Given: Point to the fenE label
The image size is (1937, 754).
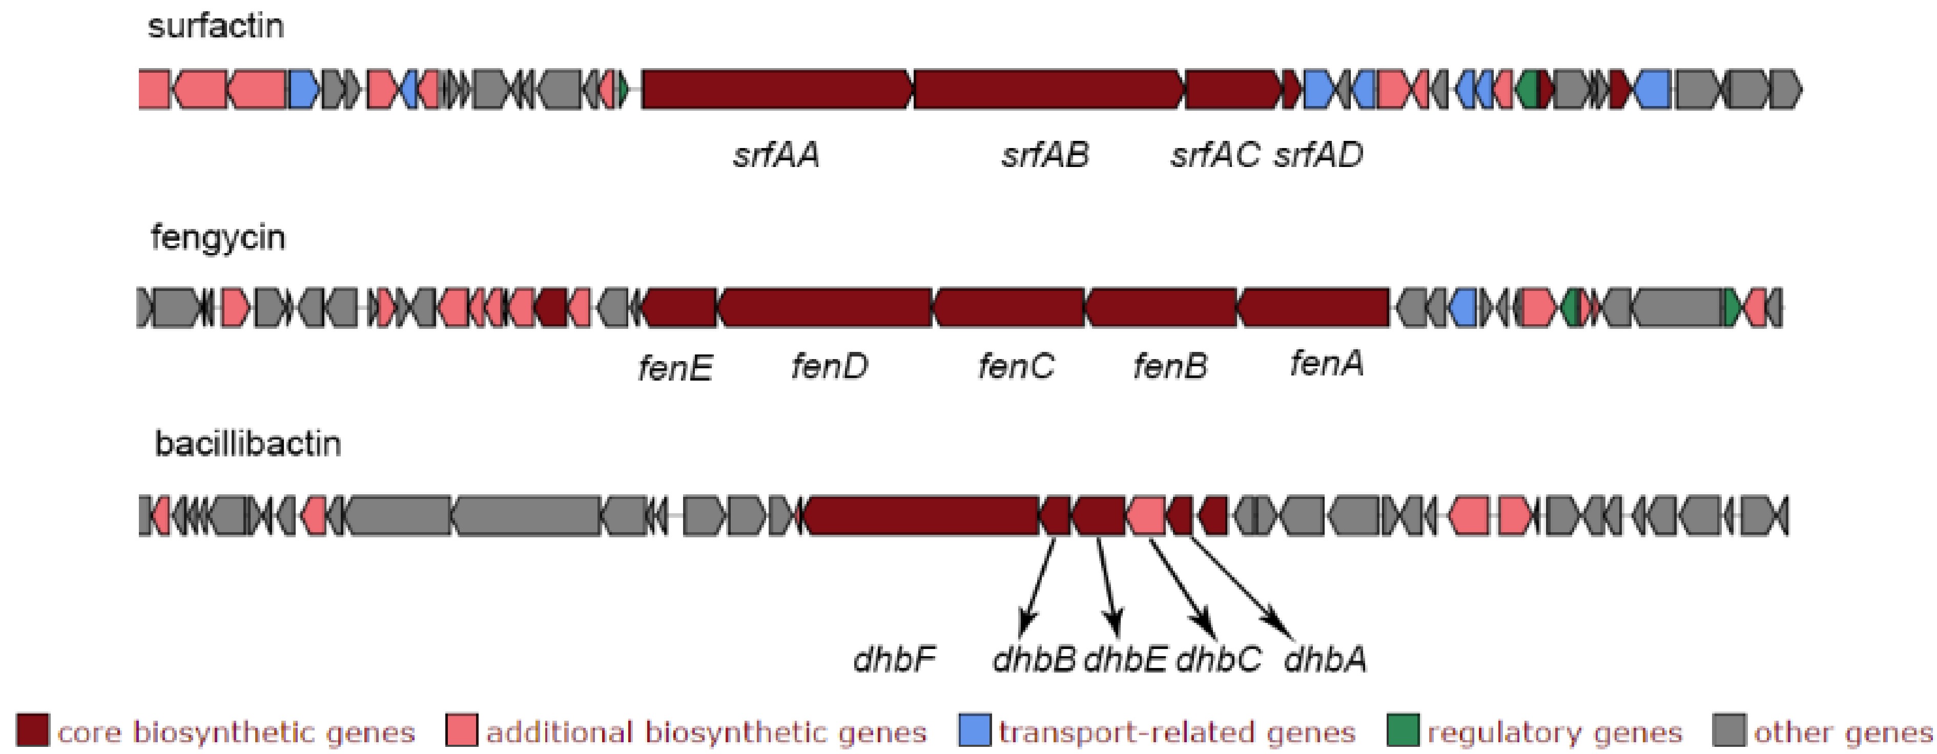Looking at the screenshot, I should [x=675, y=368].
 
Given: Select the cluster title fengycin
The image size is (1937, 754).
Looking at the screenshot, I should [x=218, y=238].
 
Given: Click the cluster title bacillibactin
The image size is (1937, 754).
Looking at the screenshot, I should [x=248, y=444].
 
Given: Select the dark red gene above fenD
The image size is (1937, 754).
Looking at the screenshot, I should [x=825, y=308].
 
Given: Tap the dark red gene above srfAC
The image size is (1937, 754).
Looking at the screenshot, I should [x=1232, y=90].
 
